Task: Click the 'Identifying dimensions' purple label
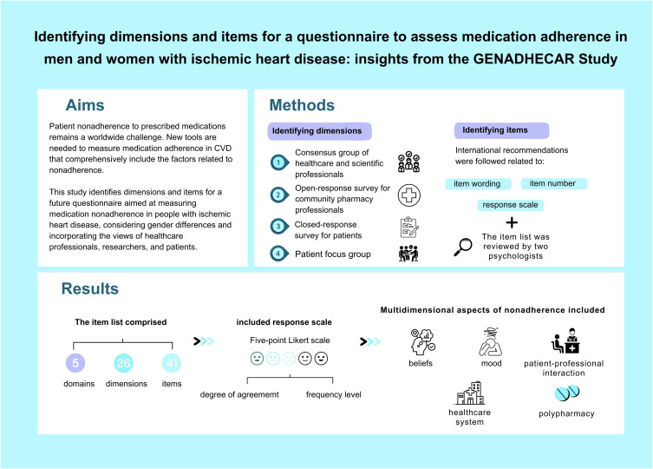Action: click(320, 130)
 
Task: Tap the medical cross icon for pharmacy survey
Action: click(410, 195)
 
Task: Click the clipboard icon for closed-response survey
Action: click(410, 227)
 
